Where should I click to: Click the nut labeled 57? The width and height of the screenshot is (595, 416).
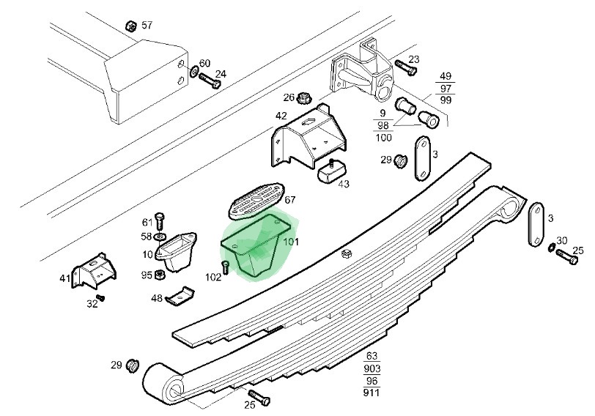[131, 26]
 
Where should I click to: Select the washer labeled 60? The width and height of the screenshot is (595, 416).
[194, 70]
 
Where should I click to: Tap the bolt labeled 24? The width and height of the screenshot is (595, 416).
[210, 81]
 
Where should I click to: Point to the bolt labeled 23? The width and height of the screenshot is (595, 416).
[406, 67]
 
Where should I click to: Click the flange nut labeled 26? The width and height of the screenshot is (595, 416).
[303, 98]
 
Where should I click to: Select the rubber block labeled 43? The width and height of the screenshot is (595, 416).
[331, 171]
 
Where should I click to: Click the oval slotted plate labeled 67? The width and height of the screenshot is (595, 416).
[256, 201]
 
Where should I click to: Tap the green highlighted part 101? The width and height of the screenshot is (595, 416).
[256, 245]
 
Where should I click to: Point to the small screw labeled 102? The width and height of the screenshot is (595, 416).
[226, 267]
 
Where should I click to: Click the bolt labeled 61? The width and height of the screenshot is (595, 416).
[160, 220]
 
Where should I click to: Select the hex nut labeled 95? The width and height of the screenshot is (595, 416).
[160, 275]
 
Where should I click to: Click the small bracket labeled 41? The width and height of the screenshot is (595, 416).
[94, 271]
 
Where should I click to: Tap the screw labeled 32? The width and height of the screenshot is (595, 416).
[100, 297]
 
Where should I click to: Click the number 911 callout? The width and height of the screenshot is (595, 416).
[371, 392]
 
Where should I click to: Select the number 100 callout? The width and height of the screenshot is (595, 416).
[383, 137]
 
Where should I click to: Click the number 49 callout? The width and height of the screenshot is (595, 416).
[446, 76]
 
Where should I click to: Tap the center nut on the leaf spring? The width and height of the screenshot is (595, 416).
[346, 253]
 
